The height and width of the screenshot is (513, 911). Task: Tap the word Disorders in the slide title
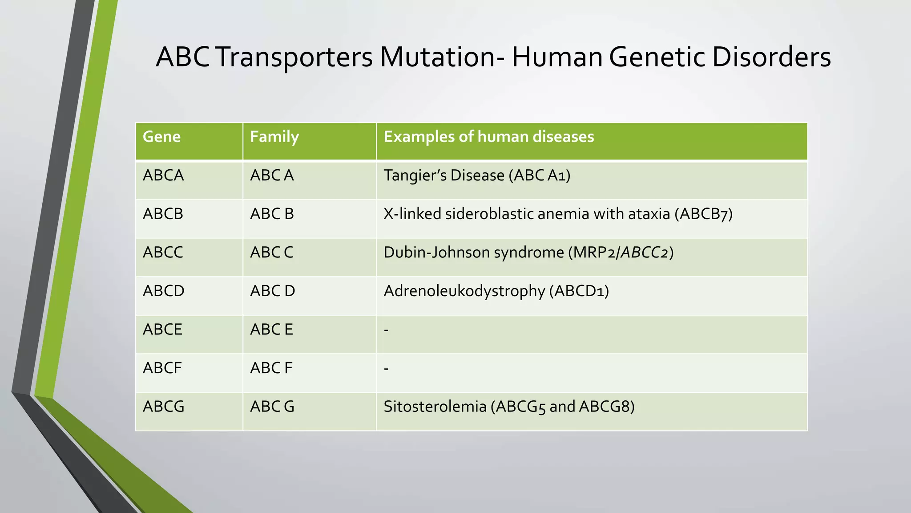771,57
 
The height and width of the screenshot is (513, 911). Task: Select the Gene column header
161,137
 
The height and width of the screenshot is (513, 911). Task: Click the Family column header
274,137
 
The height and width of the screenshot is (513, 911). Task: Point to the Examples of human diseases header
488,137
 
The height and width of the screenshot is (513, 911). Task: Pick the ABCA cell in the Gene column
163,175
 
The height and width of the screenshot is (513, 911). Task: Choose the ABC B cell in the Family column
272,214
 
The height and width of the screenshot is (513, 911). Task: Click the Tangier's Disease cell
476,175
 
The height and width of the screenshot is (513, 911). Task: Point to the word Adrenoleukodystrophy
464,291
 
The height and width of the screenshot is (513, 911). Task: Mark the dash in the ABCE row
386,330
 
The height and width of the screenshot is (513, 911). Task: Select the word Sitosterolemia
435,407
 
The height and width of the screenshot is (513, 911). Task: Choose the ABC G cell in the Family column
272,407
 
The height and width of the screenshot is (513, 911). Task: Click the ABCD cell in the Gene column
163,291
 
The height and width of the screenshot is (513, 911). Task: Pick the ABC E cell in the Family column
271,330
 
